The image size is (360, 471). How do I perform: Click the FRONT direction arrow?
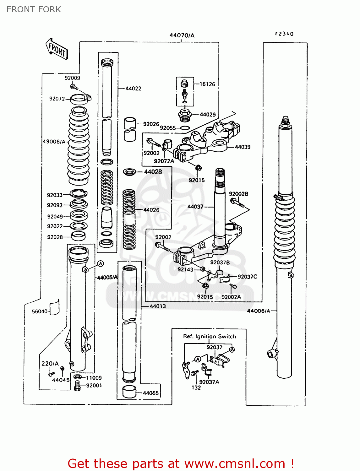tap(57, 49)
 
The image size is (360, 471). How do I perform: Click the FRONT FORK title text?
tap(34, 9)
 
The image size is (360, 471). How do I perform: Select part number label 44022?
tap(133, 89)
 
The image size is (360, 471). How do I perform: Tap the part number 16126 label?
tap(207, 84)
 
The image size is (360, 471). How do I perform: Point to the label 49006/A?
tap(54, 142)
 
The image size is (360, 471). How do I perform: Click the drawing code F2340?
tap(284, 34)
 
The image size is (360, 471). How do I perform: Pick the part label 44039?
tap(243, 147)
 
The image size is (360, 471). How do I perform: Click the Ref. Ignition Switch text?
tap(210, 337)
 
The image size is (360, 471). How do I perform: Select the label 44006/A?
tap(259, 311)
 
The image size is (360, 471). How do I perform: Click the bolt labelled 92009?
tap(74, 86)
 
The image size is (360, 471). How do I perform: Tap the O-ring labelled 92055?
tap(185, 128)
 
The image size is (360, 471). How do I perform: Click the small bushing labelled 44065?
tap(129, 392)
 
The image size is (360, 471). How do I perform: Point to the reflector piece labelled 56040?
tap(55, 307)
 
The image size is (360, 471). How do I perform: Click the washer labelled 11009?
tap(78, 377)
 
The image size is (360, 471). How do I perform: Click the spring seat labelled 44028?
tap(129, 172)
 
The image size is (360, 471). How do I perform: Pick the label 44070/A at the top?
tap(182, 35)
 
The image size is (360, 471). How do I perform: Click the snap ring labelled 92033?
tap(78, 194)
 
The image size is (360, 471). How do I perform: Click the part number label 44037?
tap(195, 207)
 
